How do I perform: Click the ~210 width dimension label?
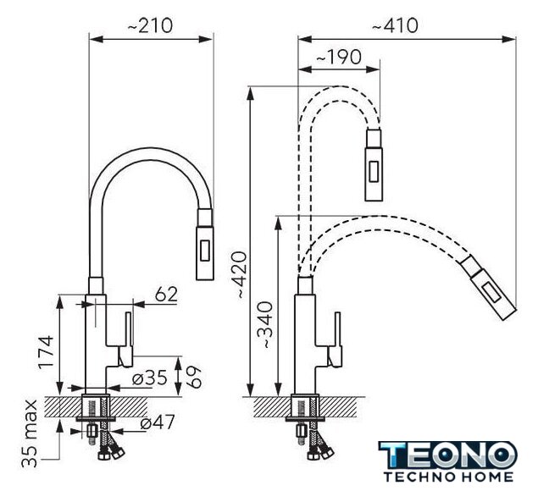150,25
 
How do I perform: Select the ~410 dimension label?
396,25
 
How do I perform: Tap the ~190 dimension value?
339,57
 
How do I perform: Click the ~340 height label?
266,325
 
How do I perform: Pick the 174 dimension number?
46,352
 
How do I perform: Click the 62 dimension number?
166,295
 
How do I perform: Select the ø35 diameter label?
150,378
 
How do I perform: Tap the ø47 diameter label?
158,422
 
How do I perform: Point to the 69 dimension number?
195,377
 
